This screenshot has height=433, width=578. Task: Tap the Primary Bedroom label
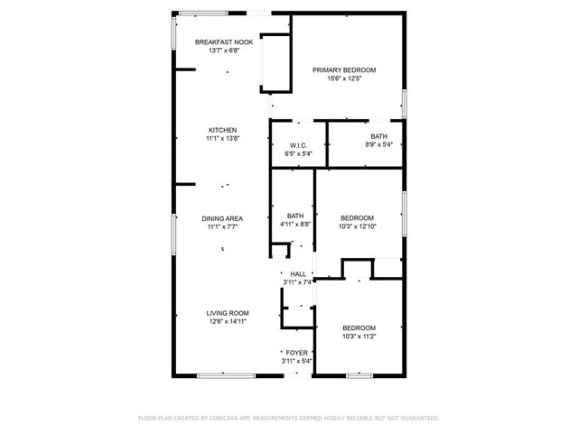point(344,69)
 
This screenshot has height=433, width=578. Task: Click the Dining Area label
point(221,218)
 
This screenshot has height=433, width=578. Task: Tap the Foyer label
point(296,353)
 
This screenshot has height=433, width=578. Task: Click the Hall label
point(297,273)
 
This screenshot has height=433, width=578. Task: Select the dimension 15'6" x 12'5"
point(344,78)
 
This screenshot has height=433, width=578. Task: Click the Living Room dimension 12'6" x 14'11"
point(227,320)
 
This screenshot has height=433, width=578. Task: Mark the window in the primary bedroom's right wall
point(404,102)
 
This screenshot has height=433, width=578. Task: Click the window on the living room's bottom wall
point(219,374)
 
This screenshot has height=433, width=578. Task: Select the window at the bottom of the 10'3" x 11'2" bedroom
point(359,374)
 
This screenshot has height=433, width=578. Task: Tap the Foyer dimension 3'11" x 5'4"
point(296,361)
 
